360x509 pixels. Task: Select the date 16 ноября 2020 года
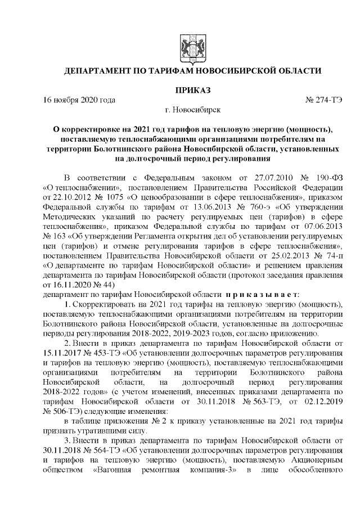[79, 100]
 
